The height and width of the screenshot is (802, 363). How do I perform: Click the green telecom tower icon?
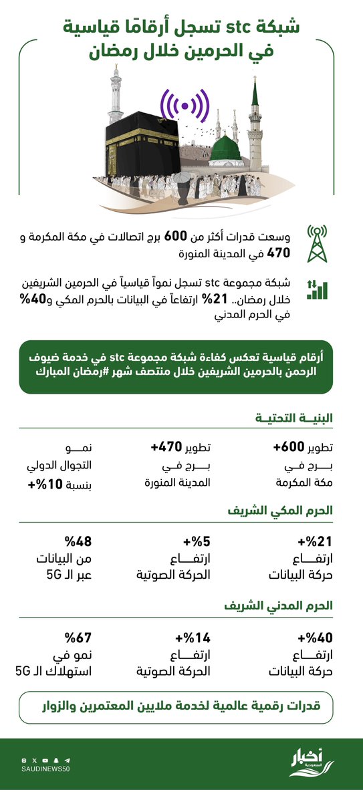318,244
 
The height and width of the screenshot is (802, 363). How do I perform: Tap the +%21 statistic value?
311,542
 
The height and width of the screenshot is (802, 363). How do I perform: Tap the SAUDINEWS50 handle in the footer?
45,770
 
